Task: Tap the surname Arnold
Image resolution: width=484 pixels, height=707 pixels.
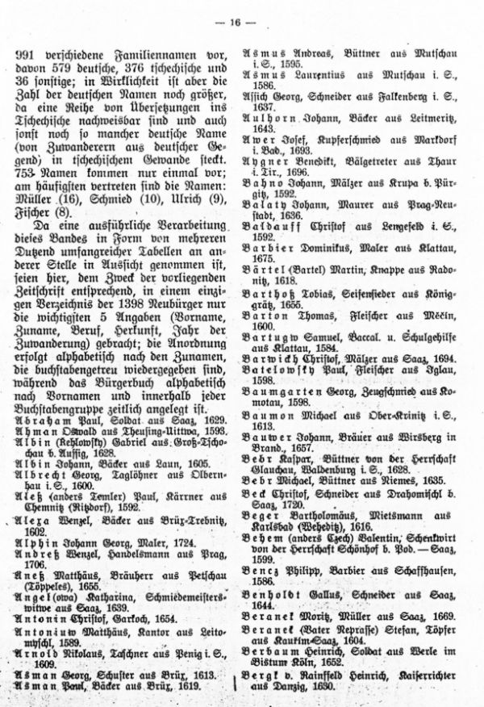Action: pos(36,663)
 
